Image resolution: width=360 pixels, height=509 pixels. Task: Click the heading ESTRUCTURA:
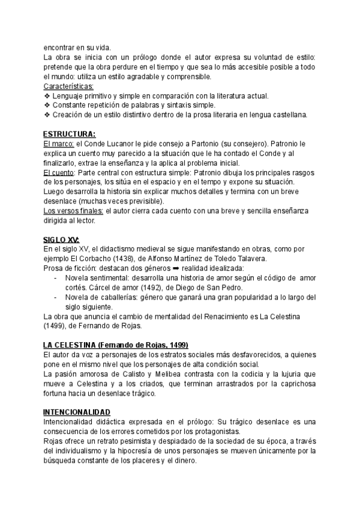(69, 134)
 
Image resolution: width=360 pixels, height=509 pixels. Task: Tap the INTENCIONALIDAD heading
(76, 412)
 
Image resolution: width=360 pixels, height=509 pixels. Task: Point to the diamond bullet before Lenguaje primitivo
(47, 96)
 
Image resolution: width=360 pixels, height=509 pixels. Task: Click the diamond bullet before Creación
(47, 115)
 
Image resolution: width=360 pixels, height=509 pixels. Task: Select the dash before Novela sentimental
(55, 278)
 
